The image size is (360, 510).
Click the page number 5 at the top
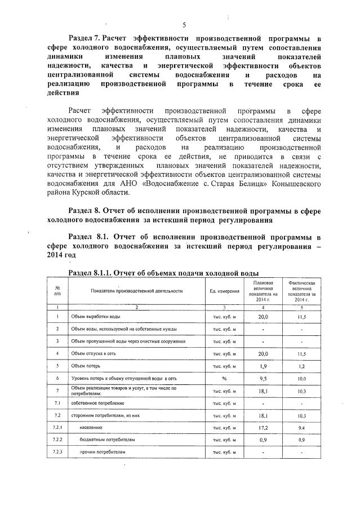pyautogui.click(x=184, y=25)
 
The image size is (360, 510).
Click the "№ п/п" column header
pyautogui.click(x=57, y=291)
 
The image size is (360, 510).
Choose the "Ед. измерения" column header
pyautogui.click(x=224, y=291)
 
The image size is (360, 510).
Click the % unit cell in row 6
pyautogui.click(x=224, y=378)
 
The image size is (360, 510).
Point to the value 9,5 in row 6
pyautogui.click(x=263, y=378)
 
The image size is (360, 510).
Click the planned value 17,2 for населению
pyautogui.click(x=263, y=428)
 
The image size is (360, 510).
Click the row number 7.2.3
pyautogui.click(x=57, y=452)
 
